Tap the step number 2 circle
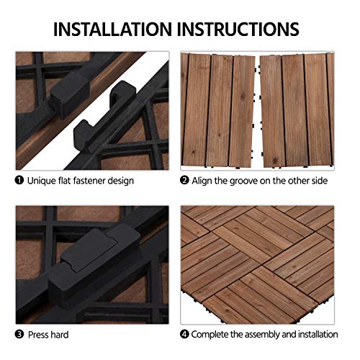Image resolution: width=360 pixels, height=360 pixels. point(185,180)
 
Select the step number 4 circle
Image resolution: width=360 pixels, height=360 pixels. point(185,334)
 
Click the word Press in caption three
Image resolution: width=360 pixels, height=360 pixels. point(40,334)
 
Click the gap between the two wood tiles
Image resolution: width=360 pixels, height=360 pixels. point(257,108)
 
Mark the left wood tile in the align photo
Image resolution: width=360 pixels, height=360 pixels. point(219,108)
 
